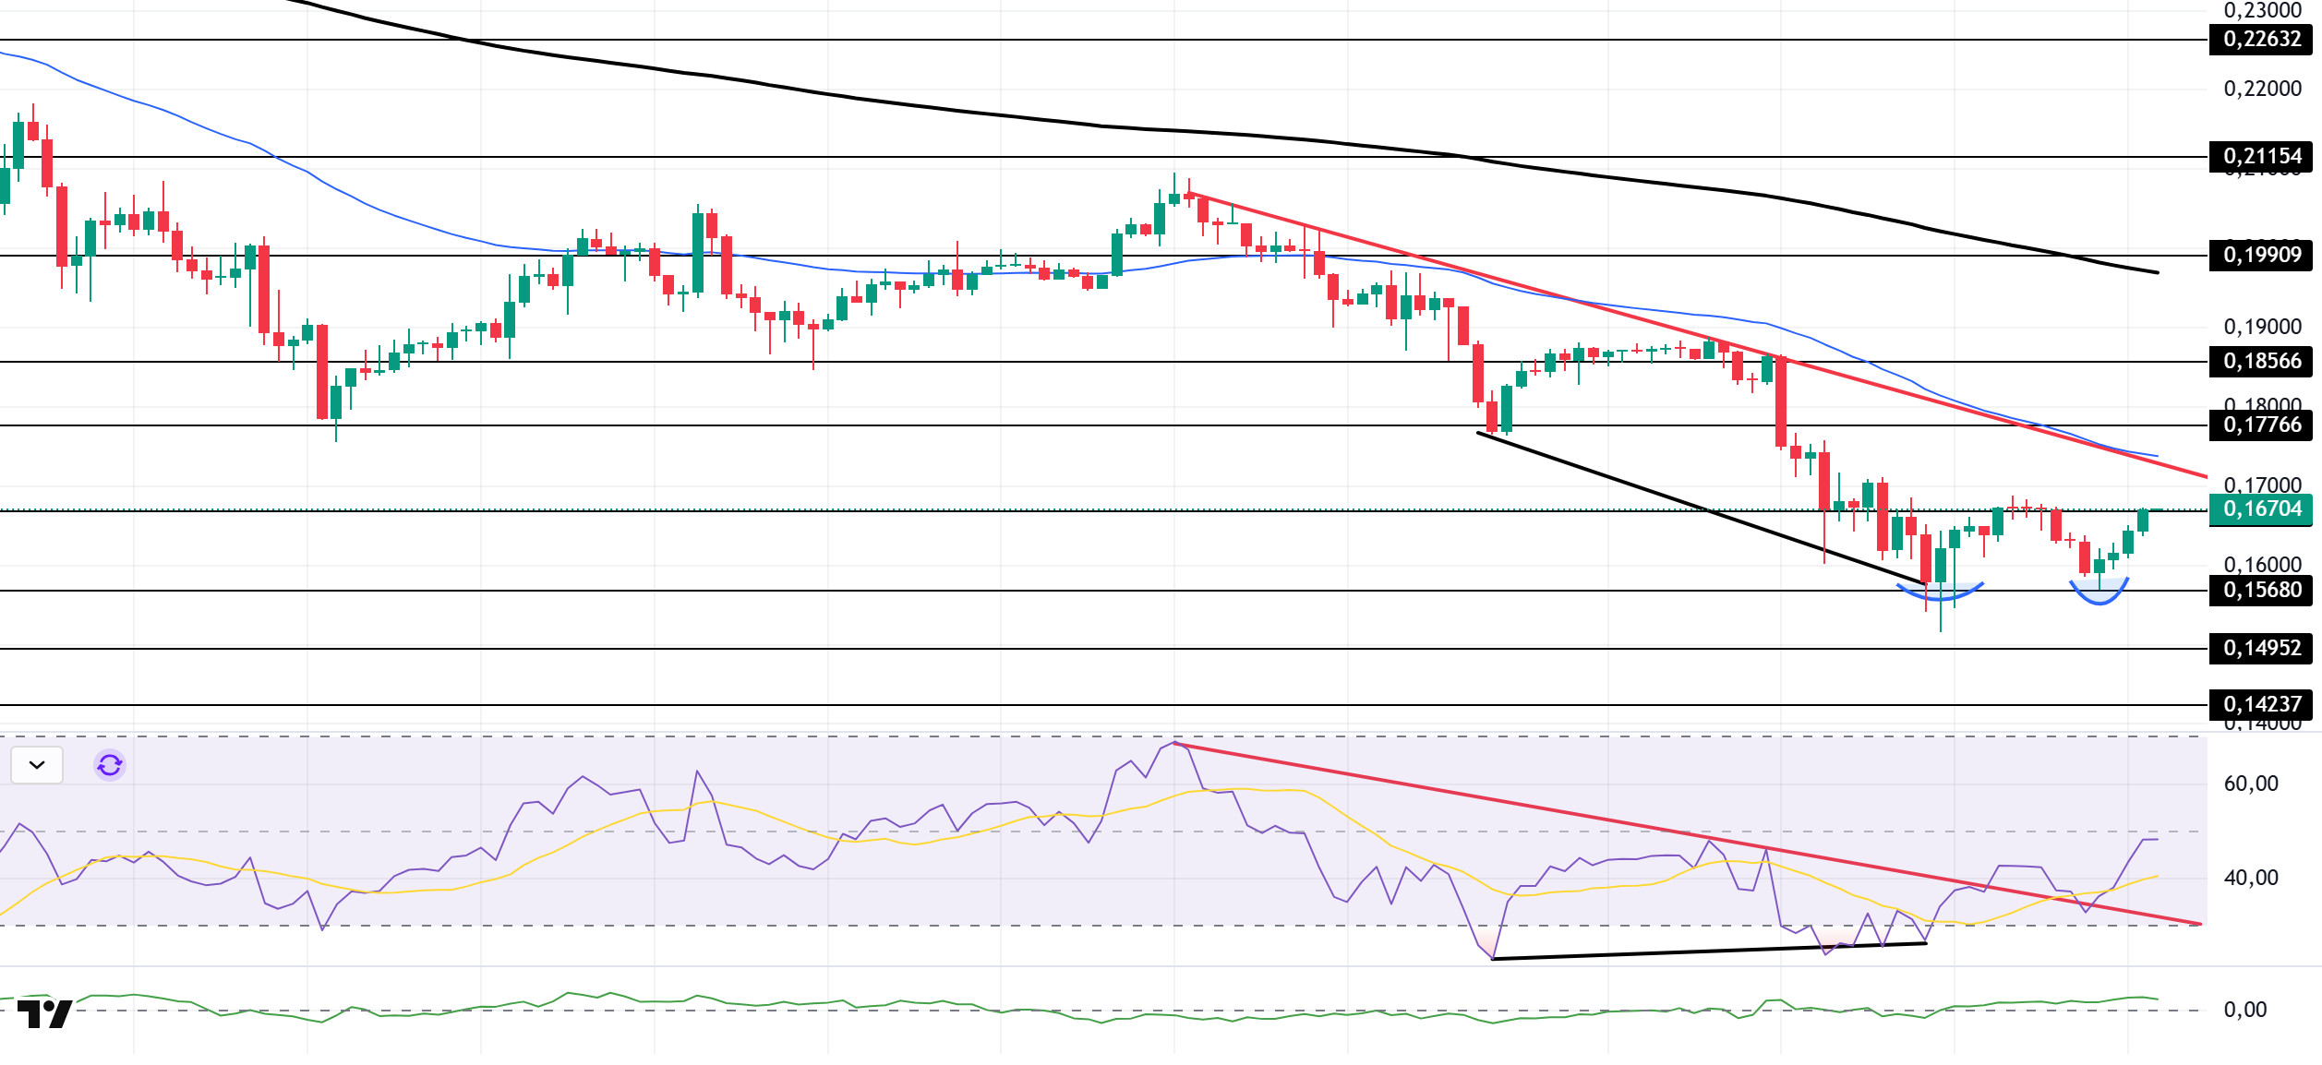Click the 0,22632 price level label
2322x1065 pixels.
point(2261,40)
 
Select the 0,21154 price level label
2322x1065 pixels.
point(2261,157)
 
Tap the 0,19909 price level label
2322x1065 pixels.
point(2261,256)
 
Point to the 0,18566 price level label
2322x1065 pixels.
point(2261,362)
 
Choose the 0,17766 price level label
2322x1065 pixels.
point(2261,425)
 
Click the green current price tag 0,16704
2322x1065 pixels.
point(2261,509)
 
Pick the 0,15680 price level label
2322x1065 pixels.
point(2261,591)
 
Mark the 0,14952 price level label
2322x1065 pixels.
point(2261,649)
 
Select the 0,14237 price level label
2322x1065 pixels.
point(2261,705)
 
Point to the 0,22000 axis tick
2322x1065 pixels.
point(2262,90)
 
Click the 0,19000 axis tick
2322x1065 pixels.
point(2262,328)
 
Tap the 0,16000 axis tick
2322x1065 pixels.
point(2262,565)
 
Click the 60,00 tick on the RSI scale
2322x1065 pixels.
point(2251,784)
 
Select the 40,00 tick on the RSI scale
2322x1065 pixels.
point(2251,879)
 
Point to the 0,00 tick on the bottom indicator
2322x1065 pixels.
point(2244,1011)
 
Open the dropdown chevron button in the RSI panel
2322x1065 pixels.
point(37,765)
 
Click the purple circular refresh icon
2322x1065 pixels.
point(110,765)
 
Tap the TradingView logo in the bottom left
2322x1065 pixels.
point(44,1014)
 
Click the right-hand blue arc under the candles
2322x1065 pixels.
point(2099,598)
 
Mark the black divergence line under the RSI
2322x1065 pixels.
point(1708,951)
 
